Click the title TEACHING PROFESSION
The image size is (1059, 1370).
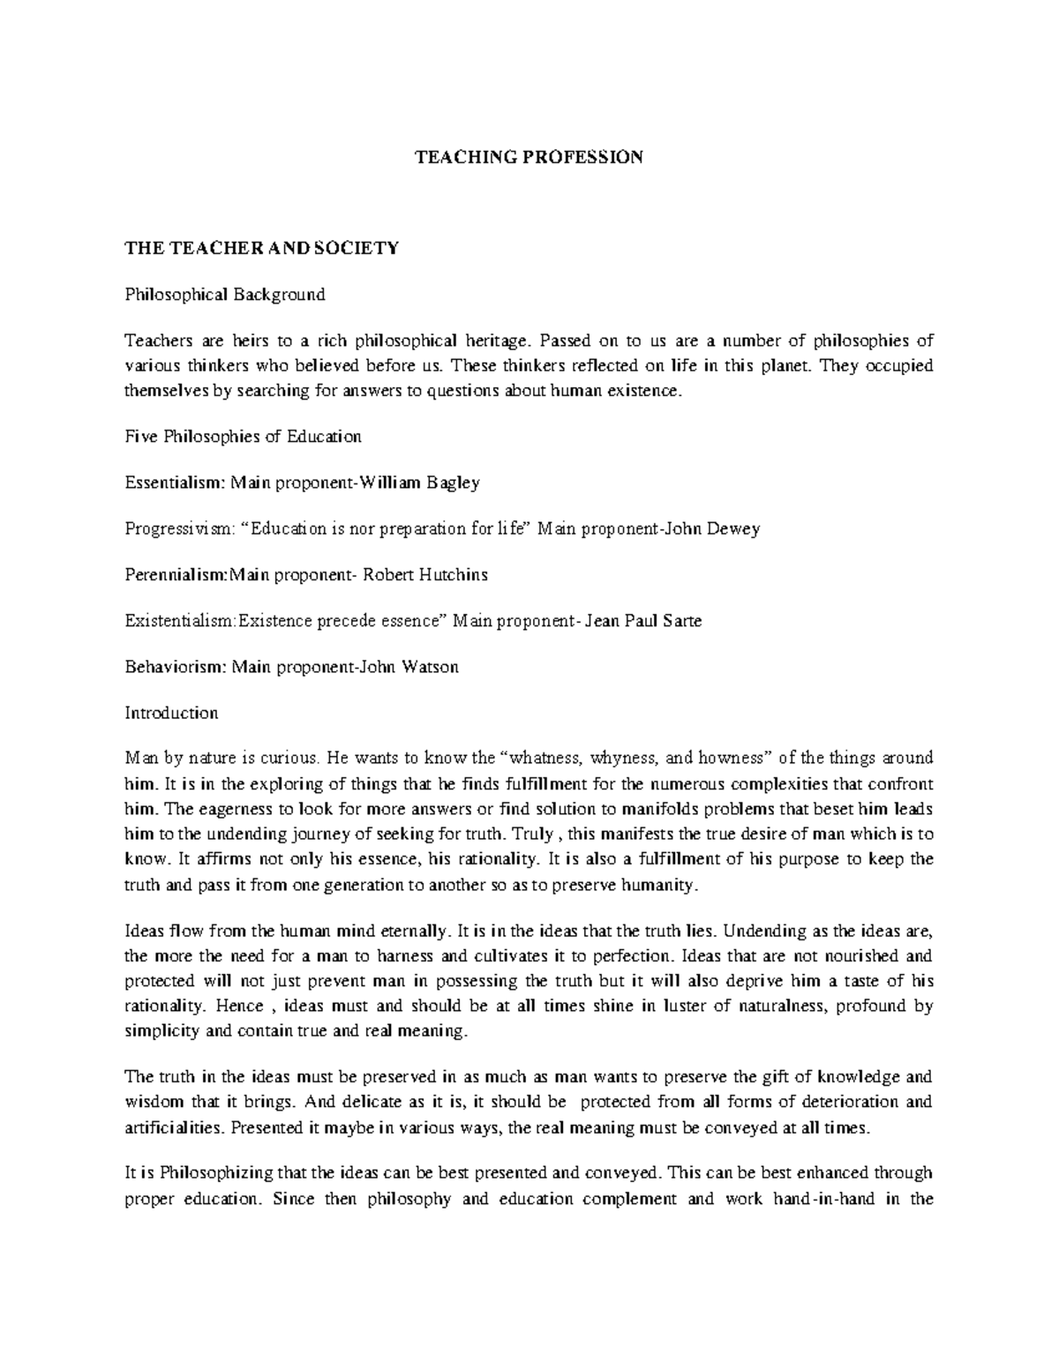(x=529, y=157)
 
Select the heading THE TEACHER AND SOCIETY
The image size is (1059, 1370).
(x=262, y=248)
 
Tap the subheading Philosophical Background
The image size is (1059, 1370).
(x=225, y=294)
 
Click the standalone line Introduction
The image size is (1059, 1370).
(x=171, y=712)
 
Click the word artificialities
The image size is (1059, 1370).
(x=173, y=1128)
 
